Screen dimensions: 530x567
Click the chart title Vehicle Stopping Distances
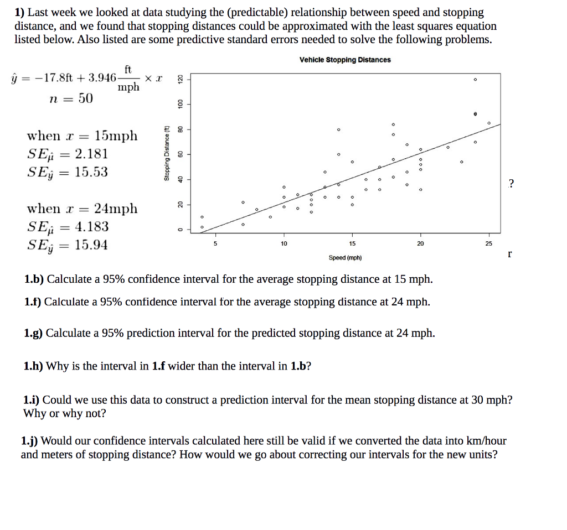tap(345, 60)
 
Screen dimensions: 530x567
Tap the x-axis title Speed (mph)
tap(345, 258)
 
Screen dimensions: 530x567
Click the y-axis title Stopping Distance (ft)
tap(166, 153)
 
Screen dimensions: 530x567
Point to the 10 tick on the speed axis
tap(283, 243)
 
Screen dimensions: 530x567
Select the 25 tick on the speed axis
tap(488, 243)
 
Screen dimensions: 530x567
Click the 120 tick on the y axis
tap(179, 79)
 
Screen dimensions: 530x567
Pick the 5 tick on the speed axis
tap(215, 243)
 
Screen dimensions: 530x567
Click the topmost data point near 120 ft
tap(475, 80)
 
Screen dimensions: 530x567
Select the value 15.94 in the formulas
tap(91, 245)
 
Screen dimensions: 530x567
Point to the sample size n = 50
tap(71, 99)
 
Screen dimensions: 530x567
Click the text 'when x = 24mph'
tap(83, 209)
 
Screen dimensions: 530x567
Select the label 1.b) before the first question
tap(34, 279)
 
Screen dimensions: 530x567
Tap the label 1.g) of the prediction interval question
tap(34, 333)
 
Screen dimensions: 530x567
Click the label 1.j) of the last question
tap(30, 441)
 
